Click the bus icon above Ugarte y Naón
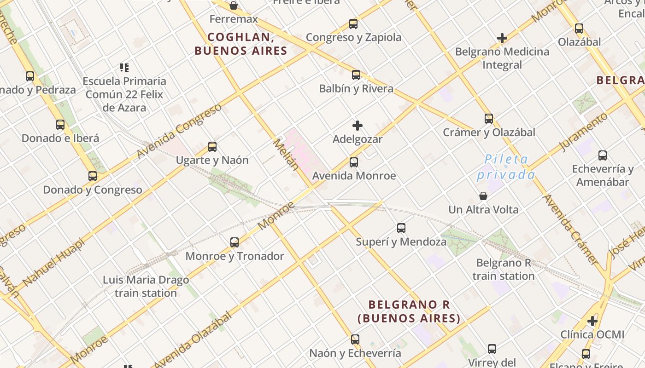[212, 147]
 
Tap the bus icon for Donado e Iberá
[60, 125]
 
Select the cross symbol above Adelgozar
[358, 126]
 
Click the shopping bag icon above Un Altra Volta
[483, 196]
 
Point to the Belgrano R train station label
[504, 270]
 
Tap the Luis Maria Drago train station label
[146, 286]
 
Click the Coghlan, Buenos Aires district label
[240, 44]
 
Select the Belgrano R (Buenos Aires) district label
[409, 311]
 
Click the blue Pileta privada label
[506, 167]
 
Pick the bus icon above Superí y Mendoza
[401, 228]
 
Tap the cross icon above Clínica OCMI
[592, 321]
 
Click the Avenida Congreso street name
[180, 131]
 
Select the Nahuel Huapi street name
[53, 262]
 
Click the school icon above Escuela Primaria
[124, 68]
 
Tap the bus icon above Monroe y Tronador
[235, 242]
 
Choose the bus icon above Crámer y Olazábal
[489, 119]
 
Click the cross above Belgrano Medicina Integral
[502, 38]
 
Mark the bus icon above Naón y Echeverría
[355, 339]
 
